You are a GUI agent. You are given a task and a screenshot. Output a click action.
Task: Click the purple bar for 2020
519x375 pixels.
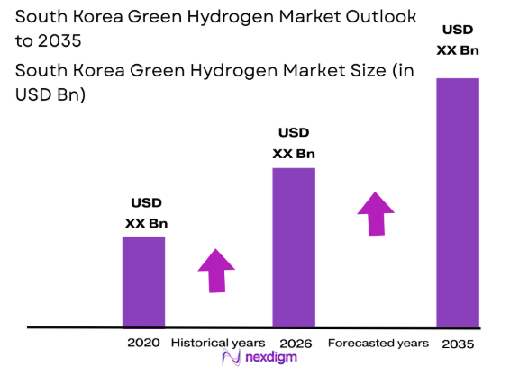coord(143,281)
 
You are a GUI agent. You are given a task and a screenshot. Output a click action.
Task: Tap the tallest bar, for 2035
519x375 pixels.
coord(458,202)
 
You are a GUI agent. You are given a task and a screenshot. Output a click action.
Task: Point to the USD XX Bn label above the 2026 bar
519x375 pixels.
coord(294,143)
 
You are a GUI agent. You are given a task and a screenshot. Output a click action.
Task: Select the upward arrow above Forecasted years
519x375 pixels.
coord(376,213)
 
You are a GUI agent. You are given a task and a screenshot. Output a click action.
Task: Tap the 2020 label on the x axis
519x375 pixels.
coord(143,343)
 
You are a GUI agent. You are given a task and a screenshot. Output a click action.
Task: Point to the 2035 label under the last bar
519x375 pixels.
coord(458,344)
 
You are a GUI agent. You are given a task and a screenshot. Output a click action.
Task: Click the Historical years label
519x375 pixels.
coord(218,343)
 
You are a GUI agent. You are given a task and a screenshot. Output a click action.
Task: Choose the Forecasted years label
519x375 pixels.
coord(378,343)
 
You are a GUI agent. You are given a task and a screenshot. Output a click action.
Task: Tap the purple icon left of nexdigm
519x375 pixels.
coord(232,360)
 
